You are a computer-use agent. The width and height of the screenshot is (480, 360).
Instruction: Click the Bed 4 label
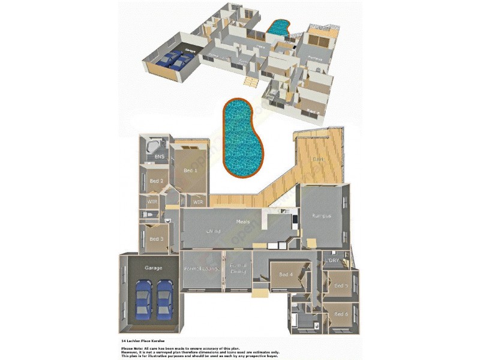click(x=286, y=275)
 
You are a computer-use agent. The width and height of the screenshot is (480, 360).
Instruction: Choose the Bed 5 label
click(x=341, y=286)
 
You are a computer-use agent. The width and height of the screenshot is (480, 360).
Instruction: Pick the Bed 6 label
click(x=341, y=314)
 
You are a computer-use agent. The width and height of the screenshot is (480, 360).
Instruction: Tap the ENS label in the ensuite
click(x=159, y=157)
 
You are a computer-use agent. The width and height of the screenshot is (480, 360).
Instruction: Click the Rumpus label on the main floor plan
click(x=322, y=215)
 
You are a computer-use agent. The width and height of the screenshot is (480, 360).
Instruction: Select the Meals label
click(x=243, y=222)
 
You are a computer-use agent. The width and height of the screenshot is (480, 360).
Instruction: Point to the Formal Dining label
click(x=238, y=268)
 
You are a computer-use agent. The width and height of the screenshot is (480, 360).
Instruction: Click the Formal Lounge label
click(x=200, y=269)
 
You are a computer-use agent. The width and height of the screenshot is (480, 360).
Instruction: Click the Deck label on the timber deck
click(x=318, y=159)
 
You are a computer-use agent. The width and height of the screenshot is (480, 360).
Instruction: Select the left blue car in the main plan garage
click(x=143, y=299)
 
